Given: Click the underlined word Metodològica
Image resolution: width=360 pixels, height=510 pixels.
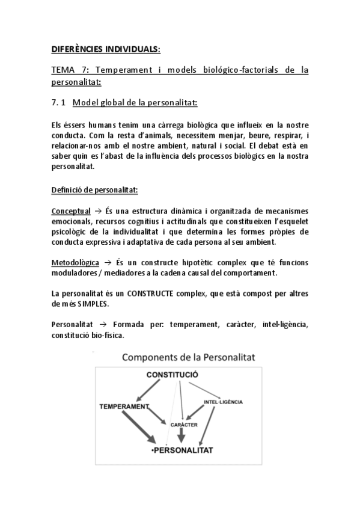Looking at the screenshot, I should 74,263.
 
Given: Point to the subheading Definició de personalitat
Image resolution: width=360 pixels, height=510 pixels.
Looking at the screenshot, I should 94,191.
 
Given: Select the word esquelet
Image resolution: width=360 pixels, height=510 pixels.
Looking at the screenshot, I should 291,221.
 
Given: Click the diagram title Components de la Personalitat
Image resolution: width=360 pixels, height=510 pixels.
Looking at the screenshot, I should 189,357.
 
